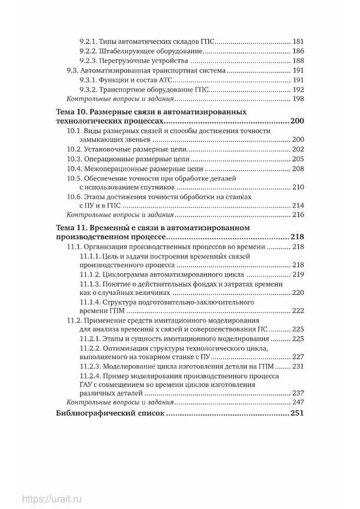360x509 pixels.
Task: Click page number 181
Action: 299,41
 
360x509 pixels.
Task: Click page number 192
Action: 299,89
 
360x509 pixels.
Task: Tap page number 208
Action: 299,170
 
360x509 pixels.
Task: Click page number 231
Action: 299,366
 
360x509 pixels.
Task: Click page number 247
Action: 299,402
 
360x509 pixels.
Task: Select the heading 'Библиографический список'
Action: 110,414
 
